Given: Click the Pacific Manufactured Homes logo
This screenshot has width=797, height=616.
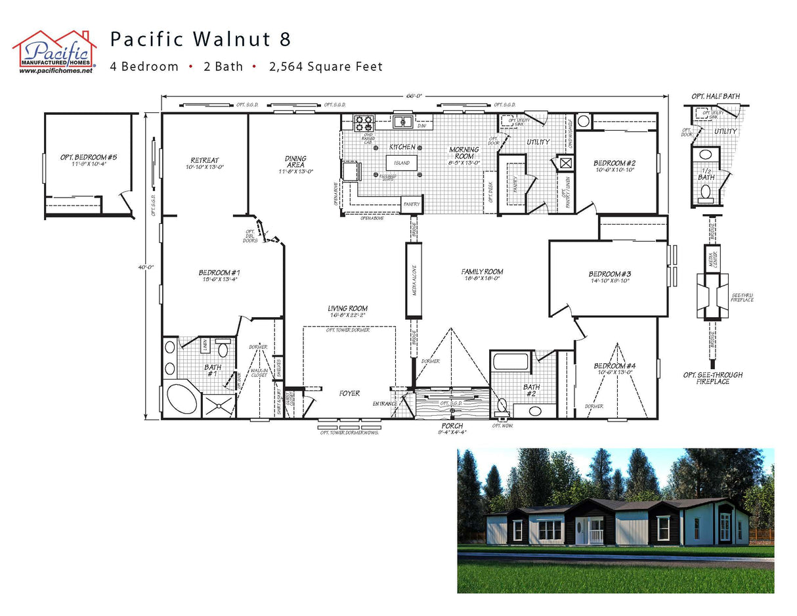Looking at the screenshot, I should pos(54,51).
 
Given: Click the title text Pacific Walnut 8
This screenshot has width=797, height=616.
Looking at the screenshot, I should pos(200,39).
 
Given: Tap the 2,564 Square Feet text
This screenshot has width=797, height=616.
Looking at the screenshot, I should pos(326,66).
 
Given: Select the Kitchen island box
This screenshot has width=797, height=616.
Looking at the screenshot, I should pos(402,162).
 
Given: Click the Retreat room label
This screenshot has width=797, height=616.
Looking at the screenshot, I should pos(204,161).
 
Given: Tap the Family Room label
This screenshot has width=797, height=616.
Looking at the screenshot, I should pos(482,271).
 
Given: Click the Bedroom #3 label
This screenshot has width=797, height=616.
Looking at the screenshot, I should pos(609,274).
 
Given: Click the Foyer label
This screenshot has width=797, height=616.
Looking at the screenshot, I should pos(349,393).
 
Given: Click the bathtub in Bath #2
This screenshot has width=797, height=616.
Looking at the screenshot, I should pos(511,362).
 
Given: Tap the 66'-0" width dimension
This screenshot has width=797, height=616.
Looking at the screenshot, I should pos(414,96).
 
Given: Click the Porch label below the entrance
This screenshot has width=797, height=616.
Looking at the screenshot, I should pos(452,426).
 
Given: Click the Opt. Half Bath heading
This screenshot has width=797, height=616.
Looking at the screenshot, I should pos(715,97).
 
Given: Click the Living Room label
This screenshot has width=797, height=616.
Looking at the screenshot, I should pos(348,309).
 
